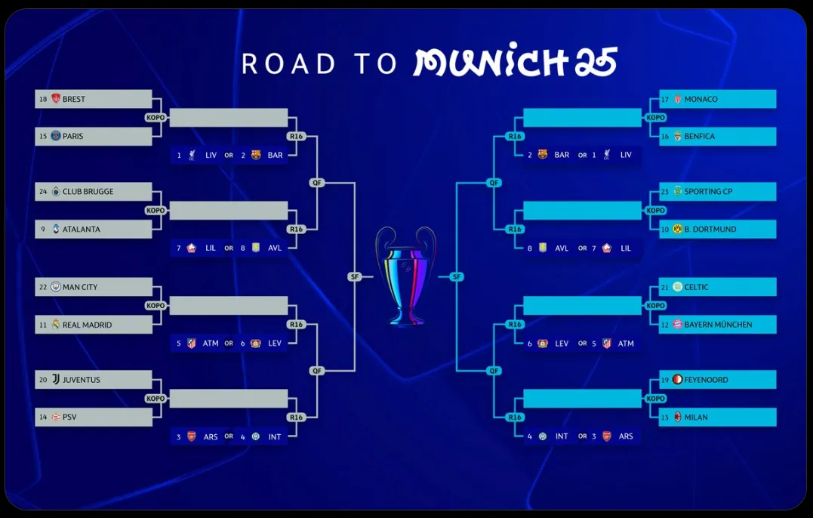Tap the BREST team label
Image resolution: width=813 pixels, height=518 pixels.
(74, 99)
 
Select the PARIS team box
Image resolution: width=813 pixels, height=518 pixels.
(94, 136)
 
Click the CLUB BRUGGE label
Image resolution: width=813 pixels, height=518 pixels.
(88, 192)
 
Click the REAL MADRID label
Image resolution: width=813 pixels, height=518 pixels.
(87, 325)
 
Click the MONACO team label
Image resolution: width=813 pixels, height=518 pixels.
(701, 99)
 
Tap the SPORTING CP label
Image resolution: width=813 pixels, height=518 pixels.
(708, 192)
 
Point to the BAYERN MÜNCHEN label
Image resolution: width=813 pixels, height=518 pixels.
(718, 325)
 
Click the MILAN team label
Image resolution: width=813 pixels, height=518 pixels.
(696, 417)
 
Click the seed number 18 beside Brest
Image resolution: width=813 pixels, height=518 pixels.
(43, 99)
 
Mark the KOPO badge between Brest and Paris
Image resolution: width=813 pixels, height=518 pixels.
(156, 118)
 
